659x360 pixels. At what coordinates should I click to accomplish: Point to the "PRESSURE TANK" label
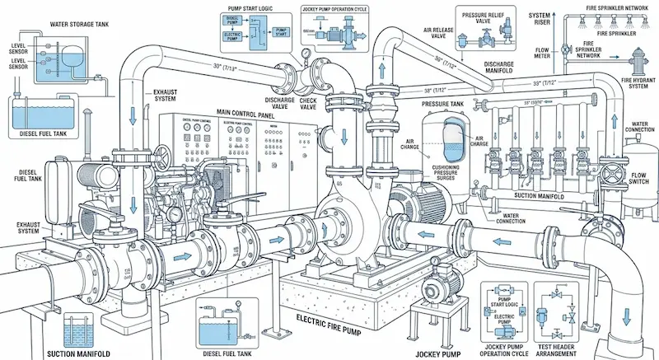pos(445,105)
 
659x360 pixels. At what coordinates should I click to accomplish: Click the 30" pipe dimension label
pos(226,67)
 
